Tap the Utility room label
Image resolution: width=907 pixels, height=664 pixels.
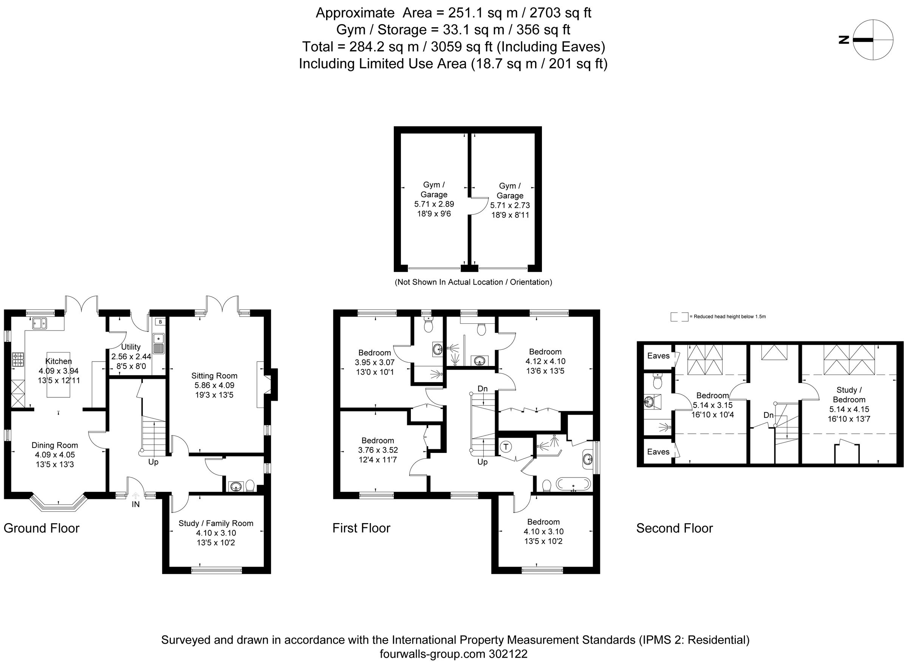tap(131, 347)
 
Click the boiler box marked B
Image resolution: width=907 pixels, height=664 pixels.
tap(160, 322)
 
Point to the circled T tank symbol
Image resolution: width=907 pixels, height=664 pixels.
tap(506, 446)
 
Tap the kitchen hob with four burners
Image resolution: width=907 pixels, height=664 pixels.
tap(18, 359)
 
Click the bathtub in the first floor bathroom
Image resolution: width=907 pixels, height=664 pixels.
tap(573, 484)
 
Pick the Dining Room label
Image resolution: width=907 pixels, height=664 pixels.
tap(55, 445)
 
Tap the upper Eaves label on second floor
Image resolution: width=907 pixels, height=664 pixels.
tap(658, 356)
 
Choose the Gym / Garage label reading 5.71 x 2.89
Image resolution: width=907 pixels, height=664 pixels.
tap(433, 199)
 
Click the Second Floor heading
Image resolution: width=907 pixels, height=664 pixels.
tap(674, 528)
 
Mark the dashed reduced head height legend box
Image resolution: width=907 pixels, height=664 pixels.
tap(679, 317)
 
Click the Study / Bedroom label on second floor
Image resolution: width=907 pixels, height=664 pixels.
tap(849, 395)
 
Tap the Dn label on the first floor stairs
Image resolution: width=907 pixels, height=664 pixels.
tap(482, 389)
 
